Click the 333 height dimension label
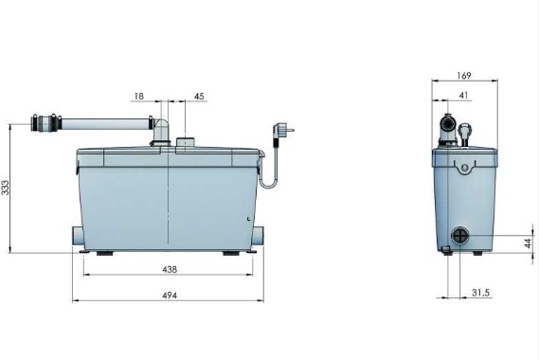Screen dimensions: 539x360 tap(6, 188)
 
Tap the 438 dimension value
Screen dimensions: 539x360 tap(170, 270)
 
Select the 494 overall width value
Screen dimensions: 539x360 tap(170, 296)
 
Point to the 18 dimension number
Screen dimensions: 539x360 tap(139, 97)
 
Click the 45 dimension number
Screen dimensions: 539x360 tap(199, 97)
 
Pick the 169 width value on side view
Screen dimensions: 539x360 tap(464, 76)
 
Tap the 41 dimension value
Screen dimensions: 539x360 tap(464, 96)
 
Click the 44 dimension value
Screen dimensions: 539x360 tap(529, 243)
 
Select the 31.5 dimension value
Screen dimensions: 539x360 tap(480, 293)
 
